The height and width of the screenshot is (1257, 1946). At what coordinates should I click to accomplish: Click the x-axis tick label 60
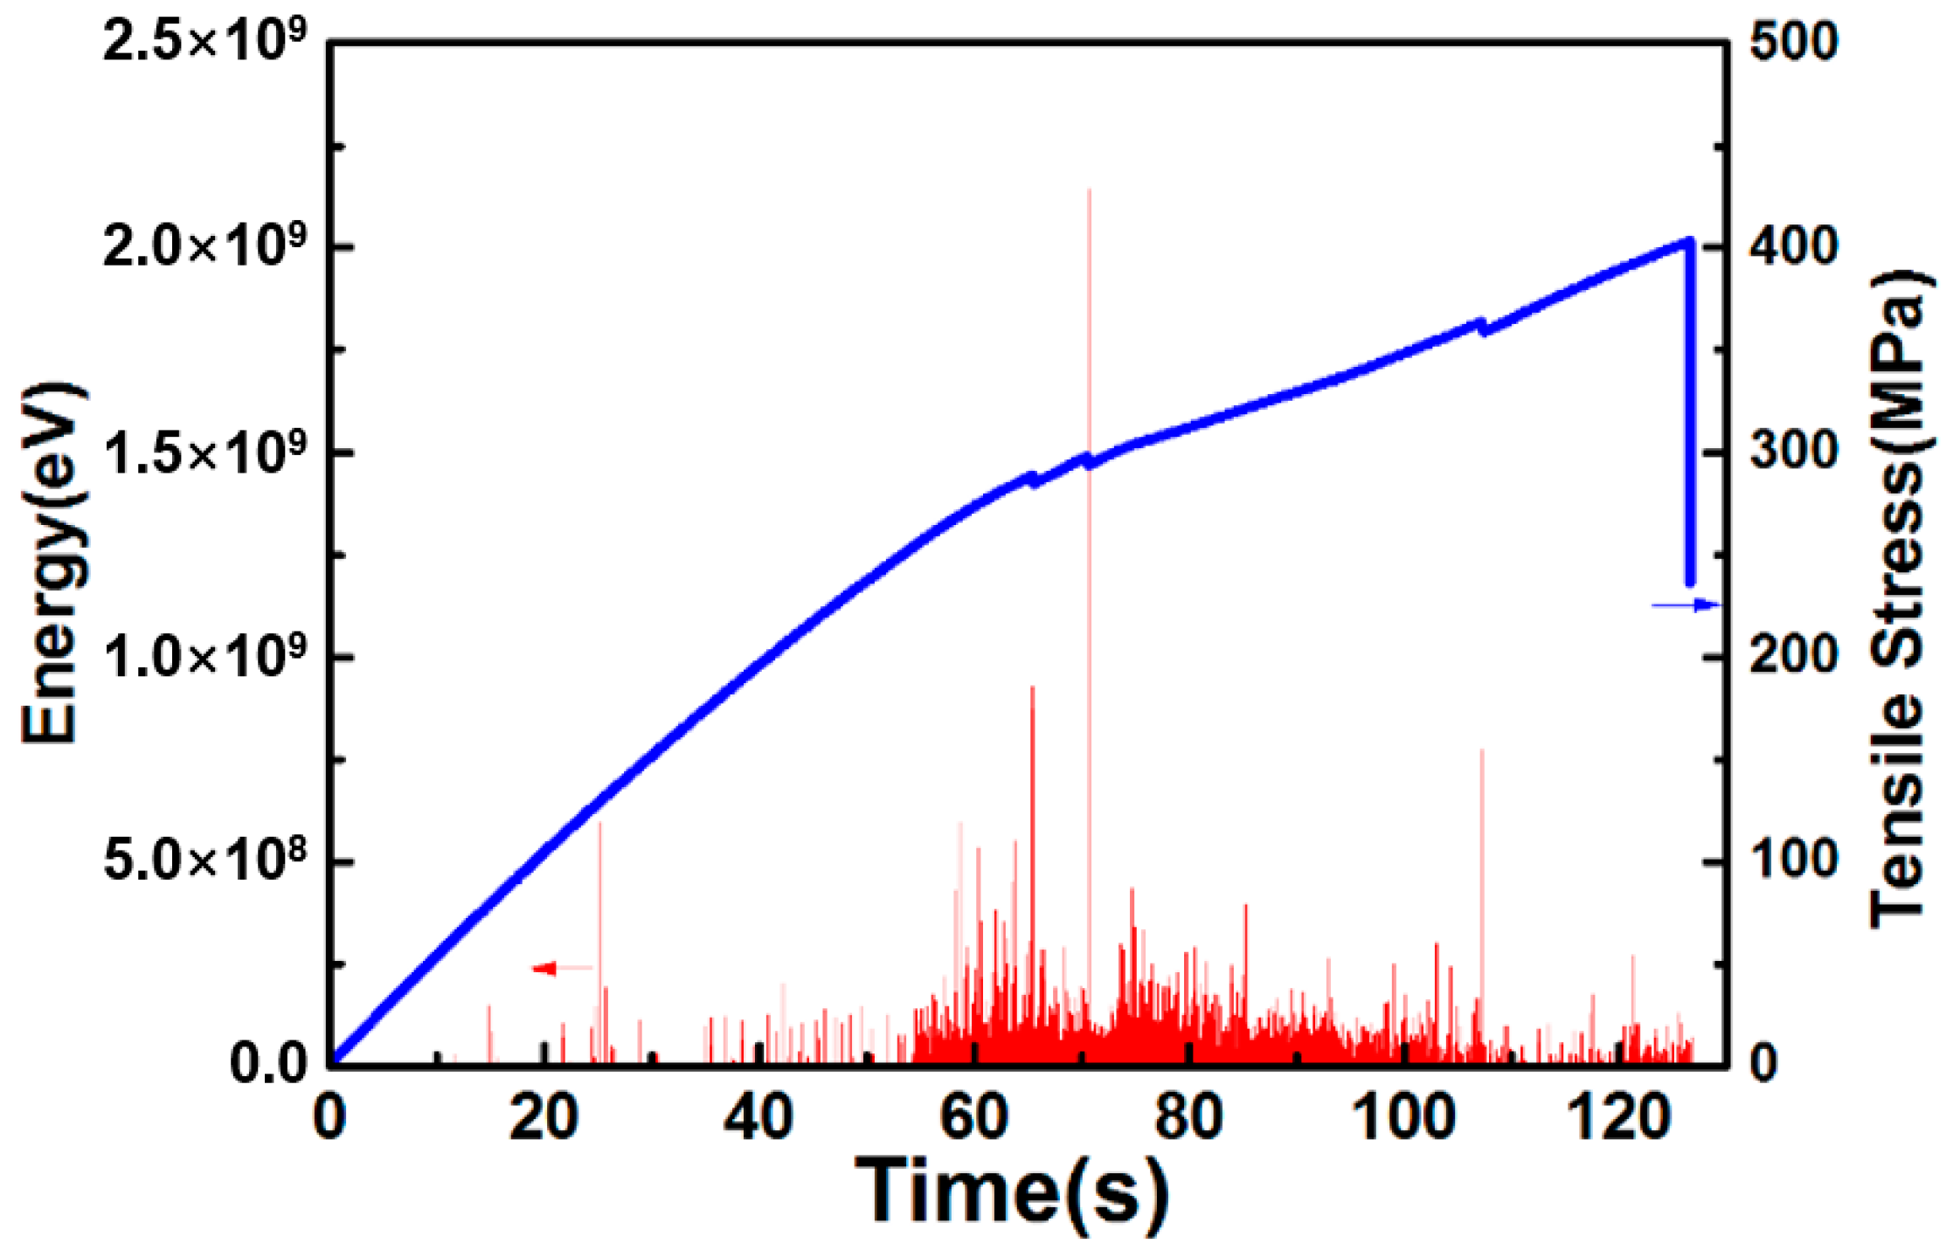(974, 1118)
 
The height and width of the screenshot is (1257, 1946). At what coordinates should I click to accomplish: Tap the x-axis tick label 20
(544, 1118)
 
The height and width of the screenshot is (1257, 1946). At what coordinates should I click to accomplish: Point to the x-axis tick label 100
(1404, 1118)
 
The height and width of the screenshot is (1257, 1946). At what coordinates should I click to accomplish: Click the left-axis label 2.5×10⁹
(204, 41)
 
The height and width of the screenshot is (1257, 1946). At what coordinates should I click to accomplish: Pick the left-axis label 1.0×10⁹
(204, 657)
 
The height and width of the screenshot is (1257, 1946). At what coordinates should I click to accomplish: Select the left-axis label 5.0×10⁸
(204, 861)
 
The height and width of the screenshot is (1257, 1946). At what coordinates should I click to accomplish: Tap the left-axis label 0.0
(267, 1065)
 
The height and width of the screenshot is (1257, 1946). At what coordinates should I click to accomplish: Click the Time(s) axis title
(1010, 1193)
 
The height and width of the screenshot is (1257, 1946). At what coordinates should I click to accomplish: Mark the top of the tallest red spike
(1089, 190)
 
